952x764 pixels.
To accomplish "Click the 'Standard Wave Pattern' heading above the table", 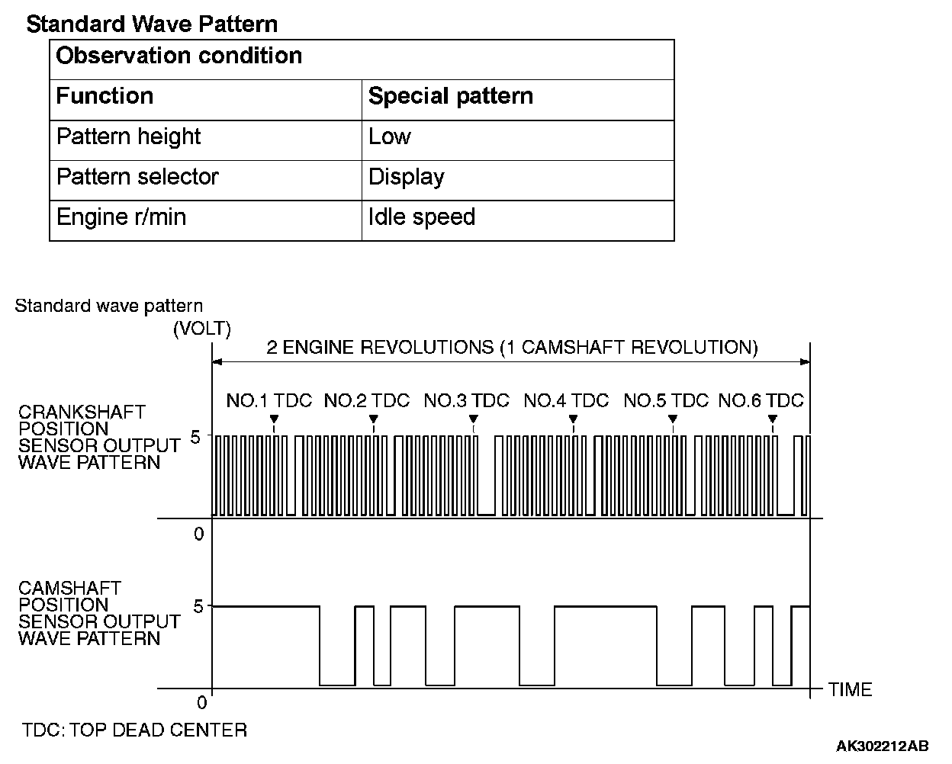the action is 152,24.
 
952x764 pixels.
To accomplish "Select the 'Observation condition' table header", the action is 179,56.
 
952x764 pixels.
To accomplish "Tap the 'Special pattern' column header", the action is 450,96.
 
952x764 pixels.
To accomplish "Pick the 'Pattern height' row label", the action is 128,136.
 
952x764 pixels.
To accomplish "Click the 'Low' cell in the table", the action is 389,136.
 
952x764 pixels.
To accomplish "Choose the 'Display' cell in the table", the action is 406,177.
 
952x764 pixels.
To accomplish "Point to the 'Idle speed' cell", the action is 421,217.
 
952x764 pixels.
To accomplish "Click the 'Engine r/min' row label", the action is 121,217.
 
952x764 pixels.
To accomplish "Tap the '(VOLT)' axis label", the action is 201,329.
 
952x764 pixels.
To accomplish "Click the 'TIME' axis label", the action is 850,690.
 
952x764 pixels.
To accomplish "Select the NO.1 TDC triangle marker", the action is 274,419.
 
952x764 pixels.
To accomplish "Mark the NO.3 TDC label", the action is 466,400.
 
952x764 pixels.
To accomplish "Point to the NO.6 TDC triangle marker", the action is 772,419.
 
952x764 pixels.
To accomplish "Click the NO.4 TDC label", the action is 566,400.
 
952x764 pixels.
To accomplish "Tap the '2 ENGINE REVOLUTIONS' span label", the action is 512,348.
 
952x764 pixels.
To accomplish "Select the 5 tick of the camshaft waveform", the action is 198,607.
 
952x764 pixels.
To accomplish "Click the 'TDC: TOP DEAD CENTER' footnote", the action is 134,730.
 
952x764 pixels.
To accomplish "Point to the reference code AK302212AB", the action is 882,745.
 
